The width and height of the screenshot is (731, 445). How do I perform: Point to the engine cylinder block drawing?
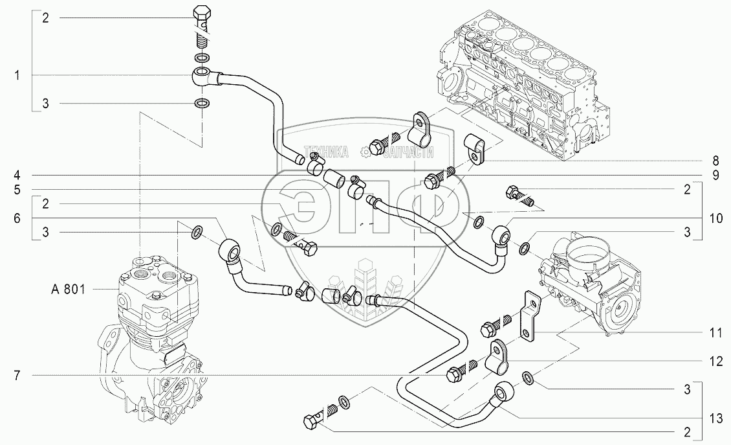pyautogui.click(x=525, y=91)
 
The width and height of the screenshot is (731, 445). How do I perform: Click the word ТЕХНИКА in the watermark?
pyautogui.click(x=327, y=152)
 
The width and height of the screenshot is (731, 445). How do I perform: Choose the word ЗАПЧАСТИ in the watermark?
pyautogui.click(x=408, y=152)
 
